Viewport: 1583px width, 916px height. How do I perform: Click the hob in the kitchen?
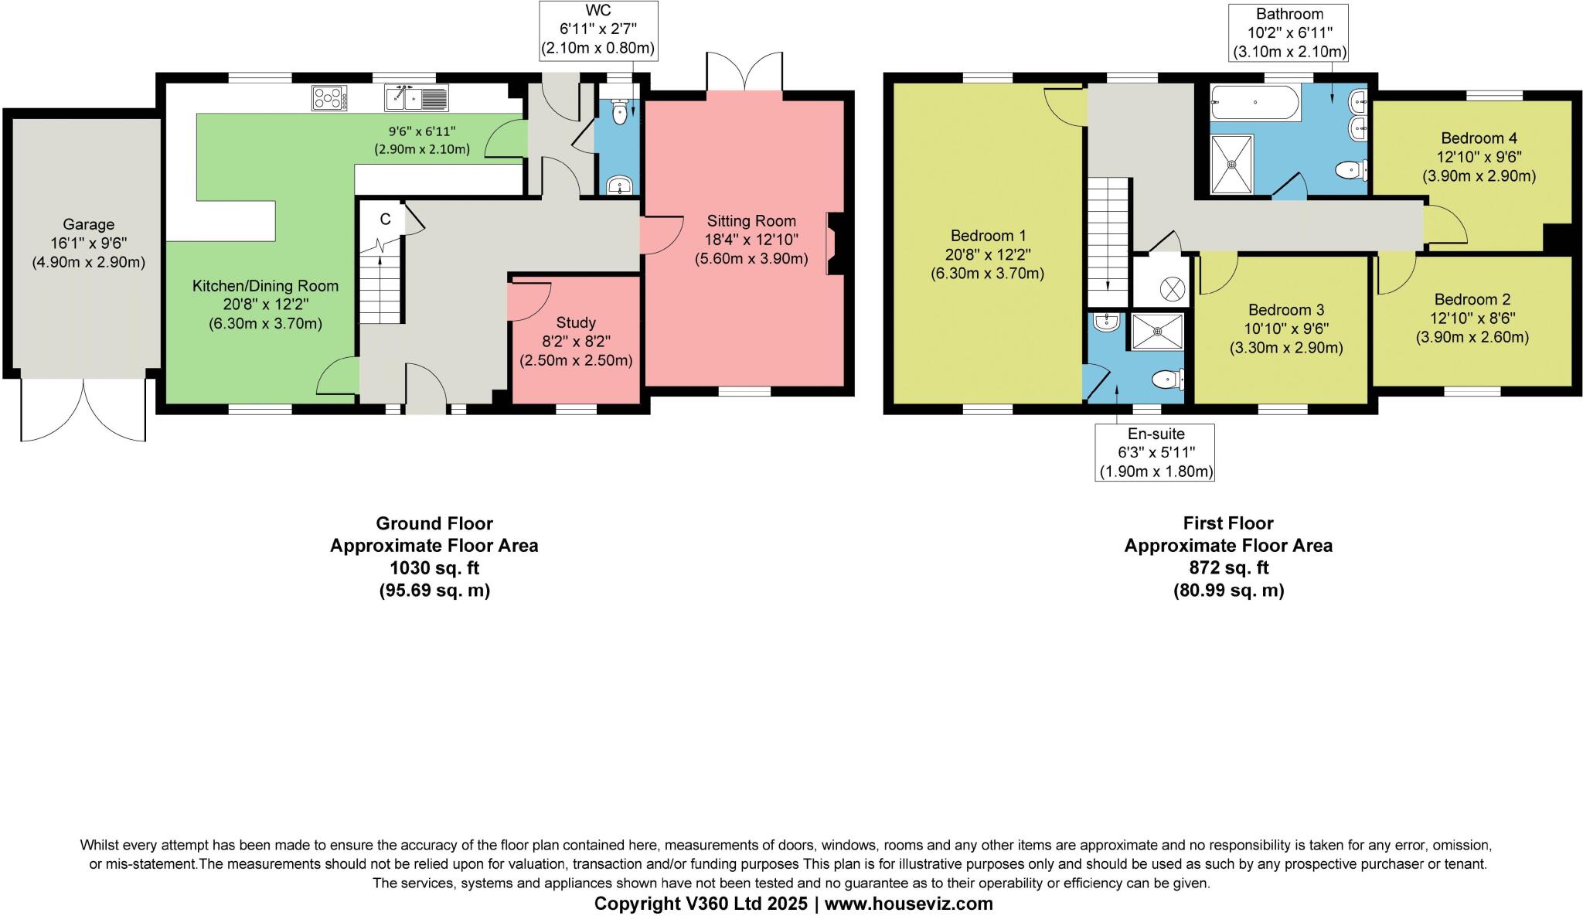coord(329,98)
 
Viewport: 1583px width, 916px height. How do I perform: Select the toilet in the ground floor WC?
coord(619,114)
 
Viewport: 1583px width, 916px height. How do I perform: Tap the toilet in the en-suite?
coord(1166,380)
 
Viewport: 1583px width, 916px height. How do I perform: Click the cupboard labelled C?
coord(386,219)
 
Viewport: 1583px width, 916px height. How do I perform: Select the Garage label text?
coord(89,224)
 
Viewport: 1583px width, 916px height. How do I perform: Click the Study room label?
coord(576,322)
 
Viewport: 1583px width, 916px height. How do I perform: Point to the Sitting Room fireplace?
coord(833,244)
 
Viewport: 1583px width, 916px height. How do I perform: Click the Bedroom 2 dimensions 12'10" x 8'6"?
coord(1472,318)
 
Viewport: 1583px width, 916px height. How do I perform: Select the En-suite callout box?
coord(1155,452)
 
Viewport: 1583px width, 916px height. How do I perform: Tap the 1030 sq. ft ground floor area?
coord(434,568)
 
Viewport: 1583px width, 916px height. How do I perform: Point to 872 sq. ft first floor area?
coord(1228,568)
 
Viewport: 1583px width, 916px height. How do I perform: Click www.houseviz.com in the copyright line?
coord(909,903)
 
